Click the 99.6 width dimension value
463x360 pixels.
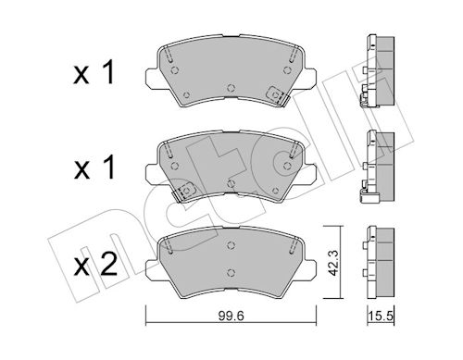pyautogui.click(x=231, y=316)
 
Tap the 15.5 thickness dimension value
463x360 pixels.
pyautogui.click(x=381, y=316)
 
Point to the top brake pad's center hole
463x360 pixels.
pyautogui.click(x=231, y=88)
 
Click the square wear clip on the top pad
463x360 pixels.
pyautogui.click(x=275, y=94)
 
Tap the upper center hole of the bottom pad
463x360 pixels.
pyautogui.click(x=231, y=245)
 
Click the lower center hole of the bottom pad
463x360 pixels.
pyautogui.click(x=231, y=272)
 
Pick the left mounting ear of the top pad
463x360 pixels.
pyautogui.click(x=152, y=77)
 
